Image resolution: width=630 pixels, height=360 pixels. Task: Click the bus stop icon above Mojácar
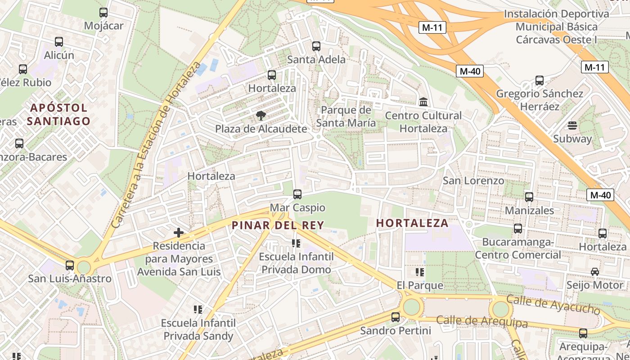coord(103,13)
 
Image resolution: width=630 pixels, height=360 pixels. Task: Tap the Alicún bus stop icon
coord(59,42)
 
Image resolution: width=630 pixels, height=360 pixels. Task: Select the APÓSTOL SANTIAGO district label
coord(58,114)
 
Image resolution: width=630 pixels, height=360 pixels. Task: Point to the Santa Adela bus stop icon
coord(316,46)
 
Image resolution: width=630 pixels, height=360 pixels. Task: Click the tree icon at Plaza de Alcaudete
coord(261,116)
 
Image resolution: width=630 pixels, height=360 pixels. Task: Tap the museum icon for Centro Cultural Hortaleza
coord(423,102)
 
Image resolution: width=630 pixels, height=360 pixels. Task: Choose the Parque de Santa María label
coord(346,117)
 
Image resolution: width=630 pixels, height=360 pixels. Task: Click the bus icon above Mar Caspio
coord(297,194)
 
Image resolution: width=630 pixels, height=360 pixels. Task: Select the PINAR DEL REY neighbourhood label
coord(278,225)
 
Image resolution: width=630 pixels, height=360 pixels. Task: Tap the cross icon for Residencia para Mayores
coord(179,233)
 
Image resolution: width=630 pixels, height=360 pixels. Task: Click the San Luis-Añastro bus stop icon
coord(70,265)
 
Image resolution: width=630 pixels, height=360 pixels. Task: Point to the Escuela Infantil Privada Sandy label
coord(198,329)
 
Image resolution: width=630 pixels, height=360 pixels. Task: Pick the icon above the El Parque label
coord(420,272)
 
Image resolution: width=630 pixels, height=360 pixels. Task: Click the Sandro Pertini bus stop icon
coord(396,317)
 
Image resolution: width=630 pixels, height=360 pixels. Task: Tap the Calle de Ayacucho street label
coord(553,305)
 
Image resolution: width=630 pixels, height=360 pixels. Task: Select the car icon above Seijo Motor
coord(595,272)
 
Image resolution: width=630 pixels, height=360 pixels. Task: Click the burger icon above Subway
coord(572,125)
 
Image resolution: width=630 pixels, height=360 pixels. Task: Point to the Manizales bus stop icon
coord(529,197)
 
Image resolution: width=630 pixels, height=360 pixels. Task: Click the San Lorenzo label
coord(473,180)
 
